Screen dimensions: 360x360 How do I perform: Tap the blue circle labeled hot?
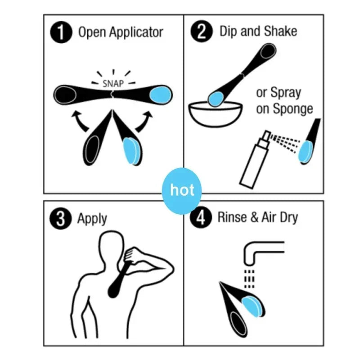click(x=182, y=190)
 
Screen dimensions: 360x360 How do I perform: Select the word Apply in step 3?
click(x=92, y=219)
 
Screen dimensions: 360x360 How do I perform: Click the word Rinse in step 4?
click(x=232, y=218)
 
